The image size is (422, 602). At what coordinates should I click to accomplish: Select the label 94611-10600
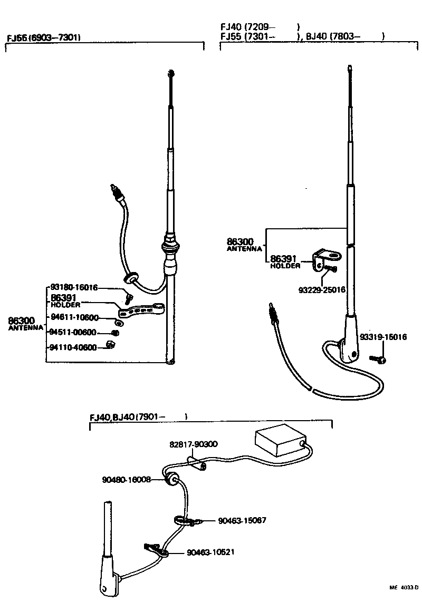pos(74,317)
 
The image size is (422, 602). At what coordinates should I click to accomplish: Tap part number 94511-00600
pos(73,332)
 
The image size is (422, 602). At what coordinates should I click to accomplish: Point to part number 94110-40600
pos(73,347)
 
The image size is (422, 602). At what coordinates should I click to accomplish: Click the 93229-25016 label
pos(321,290)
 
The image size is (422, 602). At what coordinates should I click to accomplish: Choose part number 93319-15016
pos(383,337)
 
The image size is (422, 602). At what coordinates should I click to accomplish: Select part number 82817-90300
pos(194,444)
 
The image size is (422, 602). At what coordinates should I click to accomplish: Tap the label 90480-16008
pos(127,480)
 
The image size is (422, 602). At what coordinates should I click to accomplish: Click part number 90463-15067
pos(242,520)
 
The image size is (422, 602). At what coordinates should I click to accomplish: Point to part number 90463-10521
pos(210,552)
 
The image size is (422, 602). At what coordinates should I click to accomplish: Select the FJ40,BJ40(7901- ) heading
pos(138,417)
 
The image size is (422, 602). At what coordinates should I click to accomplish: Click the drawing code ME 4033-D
pos(404,587)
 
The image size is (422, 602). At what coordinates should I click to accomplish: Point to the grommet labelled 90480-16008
pos(171,479)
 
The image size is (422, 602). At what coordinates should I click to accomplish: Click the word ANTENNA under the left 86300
pos(26,328)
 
